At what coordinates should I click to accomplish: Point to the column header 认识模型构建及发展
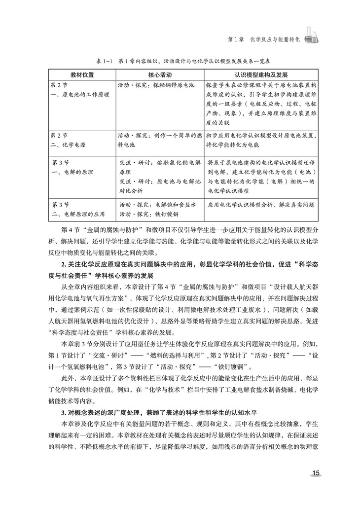click(x=261, y=74)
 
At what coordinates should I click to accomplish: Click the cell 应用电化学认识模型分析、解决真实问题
click(x=261, y=204)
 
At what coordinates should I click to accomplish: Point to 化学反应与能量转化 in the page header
click(x=274, y=38)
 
